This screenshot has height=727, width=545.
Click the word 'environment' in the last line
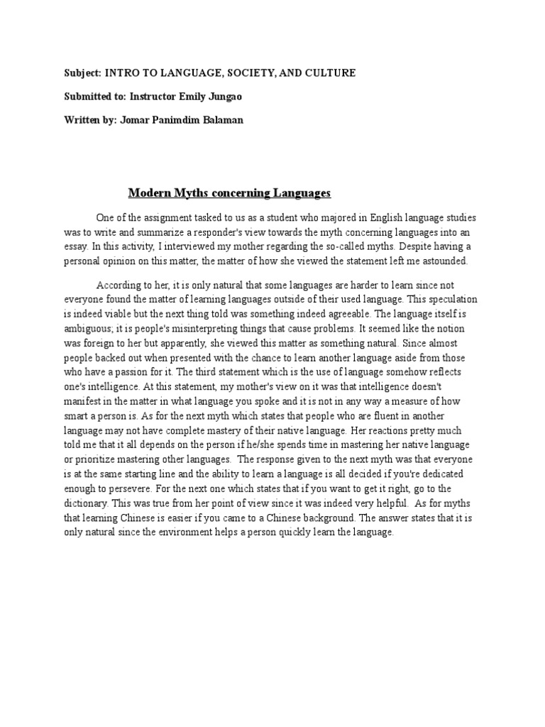pyautogui.click(x=202, y=532)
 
